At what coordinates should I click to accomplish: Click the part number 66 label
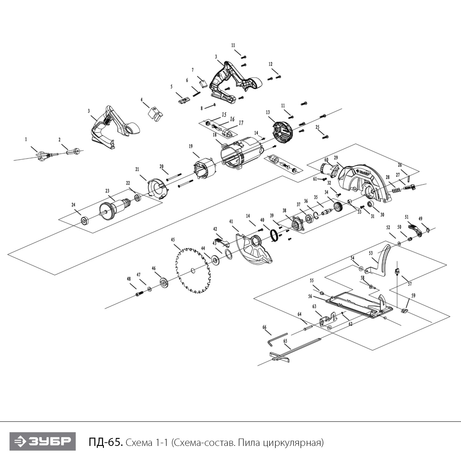tap(264, 327)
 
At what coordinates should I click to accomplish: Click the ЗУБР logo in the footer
tap(42, 442)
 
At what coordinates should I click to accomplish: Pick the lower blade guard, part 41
tap(254, 249)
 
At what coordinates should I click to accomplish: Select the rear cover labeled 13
tap(282, 132)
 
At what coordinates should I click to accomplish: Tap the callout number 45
tap(173, 240)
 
